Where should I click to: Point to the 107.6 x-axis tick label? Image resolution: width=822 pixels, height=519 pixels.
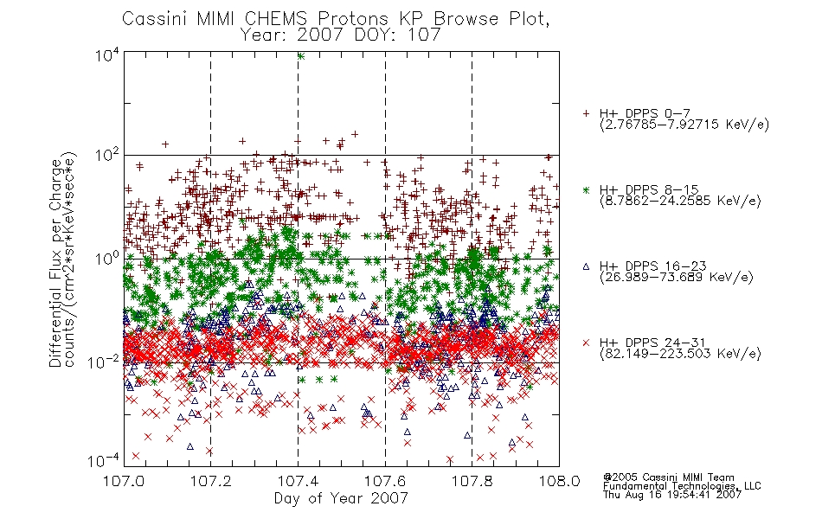pyautogui.click(x=385, y=480)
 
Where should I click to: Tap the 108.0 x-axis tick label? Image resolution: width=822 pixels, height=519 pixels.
pyautogui.click(x=559, y=480)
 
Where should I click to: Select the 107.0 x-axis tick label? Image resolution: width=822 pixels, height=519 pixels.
pyautogui.click(x=123, y=480)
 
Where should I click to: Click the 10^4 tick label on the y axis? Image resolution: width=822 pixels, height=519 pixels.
pyautogui.click(x=107, y=54)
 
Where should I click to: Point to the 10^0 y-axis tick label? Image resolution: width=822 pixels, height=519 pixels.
pyautogui.click(x=107, y=258)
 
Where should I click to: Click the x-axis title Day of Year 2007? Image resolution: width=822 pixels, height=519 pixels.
pyautogui.click(x=341, y=497)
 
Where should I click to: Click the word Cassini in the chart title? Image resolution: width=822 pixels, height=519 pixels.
pyautogui.click(x=155, y=19)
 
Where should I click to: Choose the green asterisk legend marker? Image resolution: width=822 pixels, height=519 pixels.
pyautogui.click(x=586, y=189)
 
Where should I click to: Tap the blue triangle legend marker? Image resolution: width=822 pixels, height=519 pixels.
pyautogui.click(x=586, y=266)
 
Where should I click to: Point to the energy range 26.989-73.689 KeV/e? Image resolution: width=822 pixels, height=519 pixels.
pyautogui.click(x=677, y=277)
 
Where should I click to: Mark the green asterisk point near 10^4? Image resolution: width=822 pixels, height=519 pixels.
pyautogui.click(x=300, y=56)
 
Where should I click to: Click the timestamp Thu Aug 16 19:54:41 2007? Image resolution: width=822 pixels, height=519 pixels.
pyautogui.click(x=672, y=494)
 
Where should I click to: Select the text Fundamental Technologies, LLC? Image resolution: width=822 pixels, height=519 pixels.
pyautogui.click(x=682, y=486)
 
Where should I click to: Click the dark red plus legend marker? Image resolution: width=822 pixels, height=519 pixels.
pyautogui.click(x=586, y=113)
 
